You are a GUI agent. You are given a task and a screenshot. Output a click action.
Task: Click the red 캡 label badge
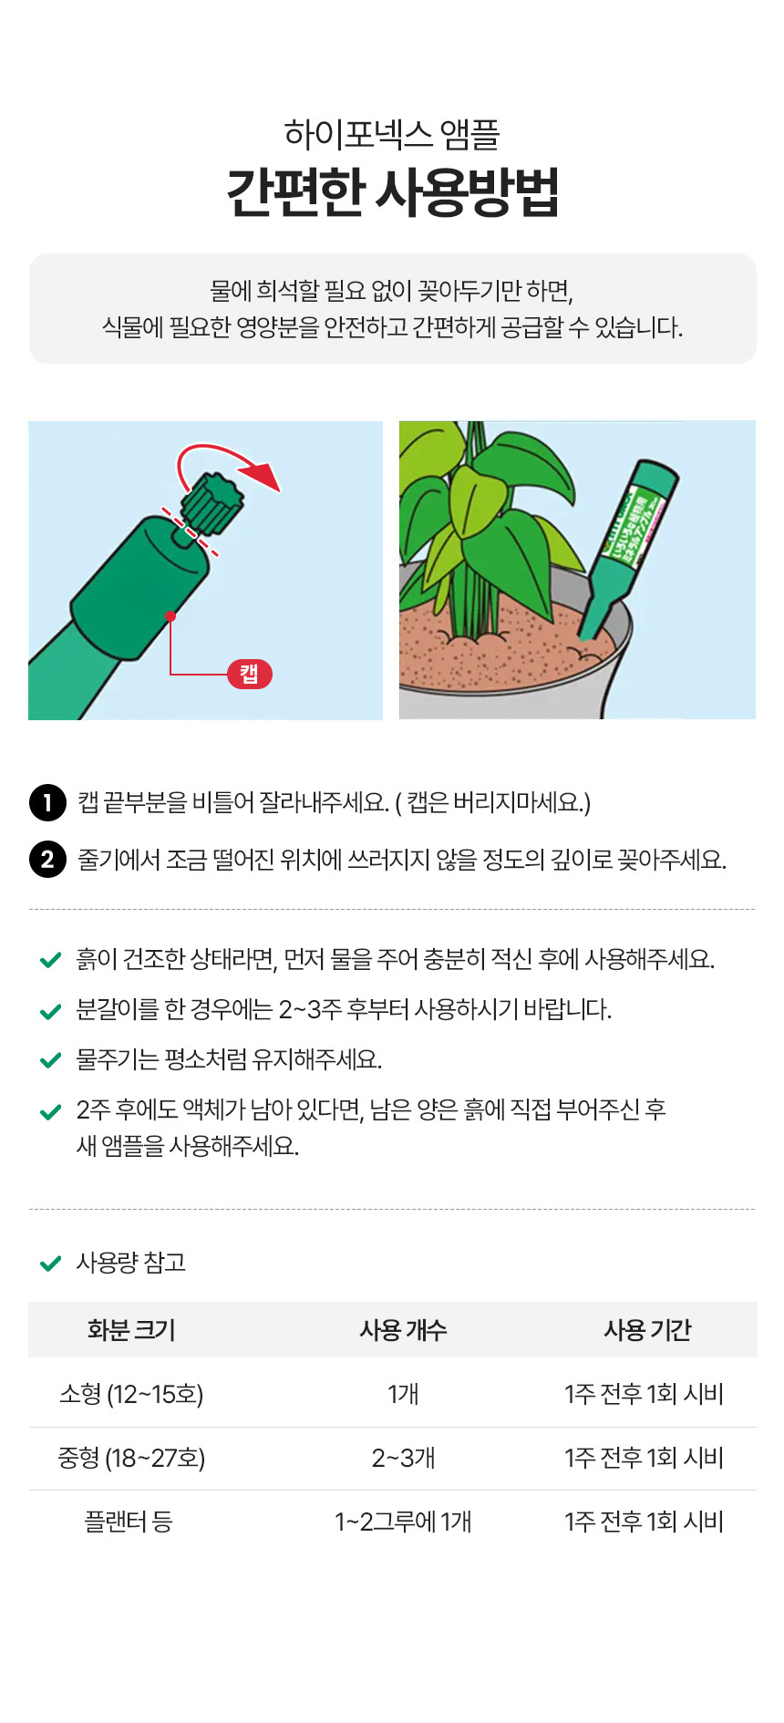point(250,674)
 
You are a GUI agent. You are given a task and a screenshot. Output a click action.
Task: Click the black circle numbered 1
point(47,803)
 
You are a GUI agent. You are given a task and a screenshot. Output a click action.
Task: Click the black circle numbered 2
point(47,859)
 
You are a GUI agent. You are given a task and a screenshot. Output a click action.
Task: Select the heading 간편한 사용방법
point(392,191)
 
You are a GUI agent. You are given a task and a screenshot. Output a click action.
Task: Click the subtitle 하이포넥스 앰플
point(392,134)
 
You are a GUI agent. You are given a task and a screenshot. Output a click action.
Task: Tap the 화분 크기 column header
point(131,1330)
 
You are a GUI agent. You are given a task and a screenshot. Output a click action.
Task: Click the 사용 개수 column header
point(403,1330)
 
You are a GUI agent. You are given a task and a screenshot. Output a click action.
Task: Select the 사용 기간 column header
point(647,1330)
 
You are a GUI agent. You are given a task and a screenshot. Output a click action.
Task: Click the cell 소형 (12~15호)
point(131,1394)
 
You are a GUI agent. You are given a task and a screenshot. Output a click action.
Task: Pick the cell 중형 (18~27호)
point(131,1458)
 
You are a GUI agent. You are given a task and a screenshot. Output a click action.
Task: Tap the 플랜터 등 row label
point(129,1522)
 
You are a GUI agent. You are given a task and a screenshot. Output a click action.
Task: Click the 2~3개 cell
point(403,1458)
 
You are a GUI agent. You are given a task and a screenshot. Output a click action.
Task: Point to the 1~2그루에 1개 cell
point(403,1522)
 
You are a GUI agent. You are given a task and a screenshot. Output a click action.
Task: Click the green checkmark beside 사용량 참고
point(51,1264)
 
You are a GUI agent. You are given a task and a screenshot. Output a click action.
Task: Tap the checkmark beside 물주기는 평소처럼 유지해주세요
point(51,1060)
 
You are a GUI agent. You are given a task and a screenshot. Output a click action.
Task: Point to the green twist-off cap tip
point(213,502)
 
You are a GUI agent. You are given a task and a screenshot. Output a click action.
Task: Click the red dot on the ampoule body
point(170,616)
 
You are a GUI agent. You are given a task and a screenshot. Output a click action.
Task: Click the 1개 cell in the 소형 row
point(403,1394)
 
